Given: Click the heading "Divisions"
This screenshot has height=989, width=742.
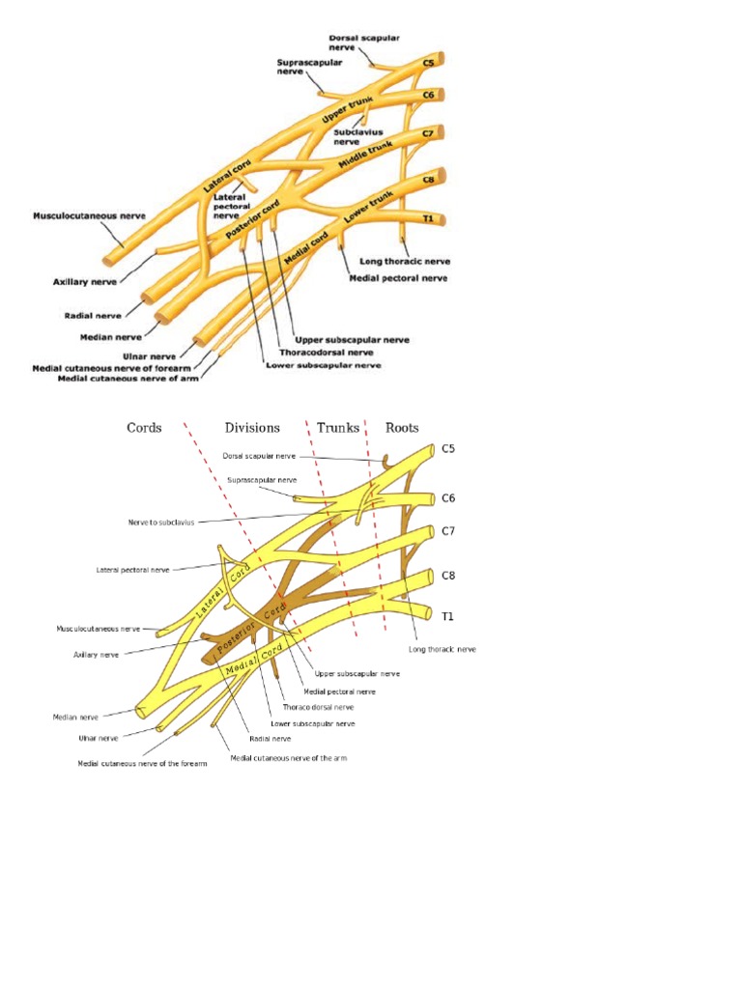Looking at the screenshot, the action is point(252,427).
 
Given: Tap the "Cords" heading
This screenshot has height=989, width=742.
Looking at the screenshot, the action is point(144,427).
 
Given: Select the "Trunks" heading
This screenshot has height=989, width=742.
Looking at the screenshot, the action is point(338,427).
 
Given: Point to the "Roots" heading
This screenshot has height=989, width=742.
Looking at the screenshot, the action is point(402,427).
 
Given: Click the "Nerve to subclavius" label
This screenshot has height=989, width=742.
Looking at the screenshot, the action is point(161,522).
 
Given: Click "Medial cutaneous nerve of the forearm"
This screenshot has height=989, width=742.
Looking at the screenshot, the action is point(142,764).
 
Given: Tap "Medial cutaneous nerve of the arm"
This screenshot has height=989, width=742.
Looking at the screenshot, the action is point(288,758).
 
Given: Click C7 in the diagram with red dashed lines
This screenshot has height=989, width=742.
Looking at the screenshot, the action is point(448,531).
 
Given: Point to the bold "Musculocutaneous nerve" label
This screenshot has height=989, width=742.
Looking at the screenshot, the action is point(89,215).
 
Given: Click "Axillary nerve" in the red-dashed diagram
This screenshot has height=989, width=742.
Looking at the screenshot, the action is point(96,654).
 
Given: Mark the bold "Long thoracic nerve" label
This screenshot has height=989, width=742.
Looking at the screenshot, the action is point(404,261).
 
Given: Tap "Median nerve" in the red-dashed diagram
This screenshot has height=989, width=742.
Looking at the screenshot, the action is point(75,718).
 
